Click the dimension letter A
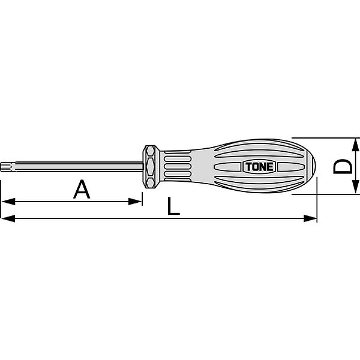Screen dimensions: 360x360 click(x=82, y=190)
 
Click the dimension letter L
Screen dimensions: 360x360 click(x=173, y=206)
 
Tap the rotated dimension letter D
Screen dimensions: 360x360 click(x=343, y=167)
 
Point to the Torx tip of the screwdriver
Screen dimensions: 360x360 click(x=5, y=166)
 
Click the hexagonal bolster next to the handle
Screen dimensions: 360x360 click(x=151, y=167)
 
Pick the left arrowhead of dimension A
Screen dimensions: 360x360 click(x=8, y=202)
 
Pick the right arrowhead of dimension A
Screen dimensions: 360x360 click(x=135, y=202)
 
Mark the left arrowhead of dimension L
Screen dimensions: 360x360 click(x=8, y=218)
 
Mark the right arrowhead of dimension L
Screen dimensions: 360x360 click(x=310, y=218)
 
